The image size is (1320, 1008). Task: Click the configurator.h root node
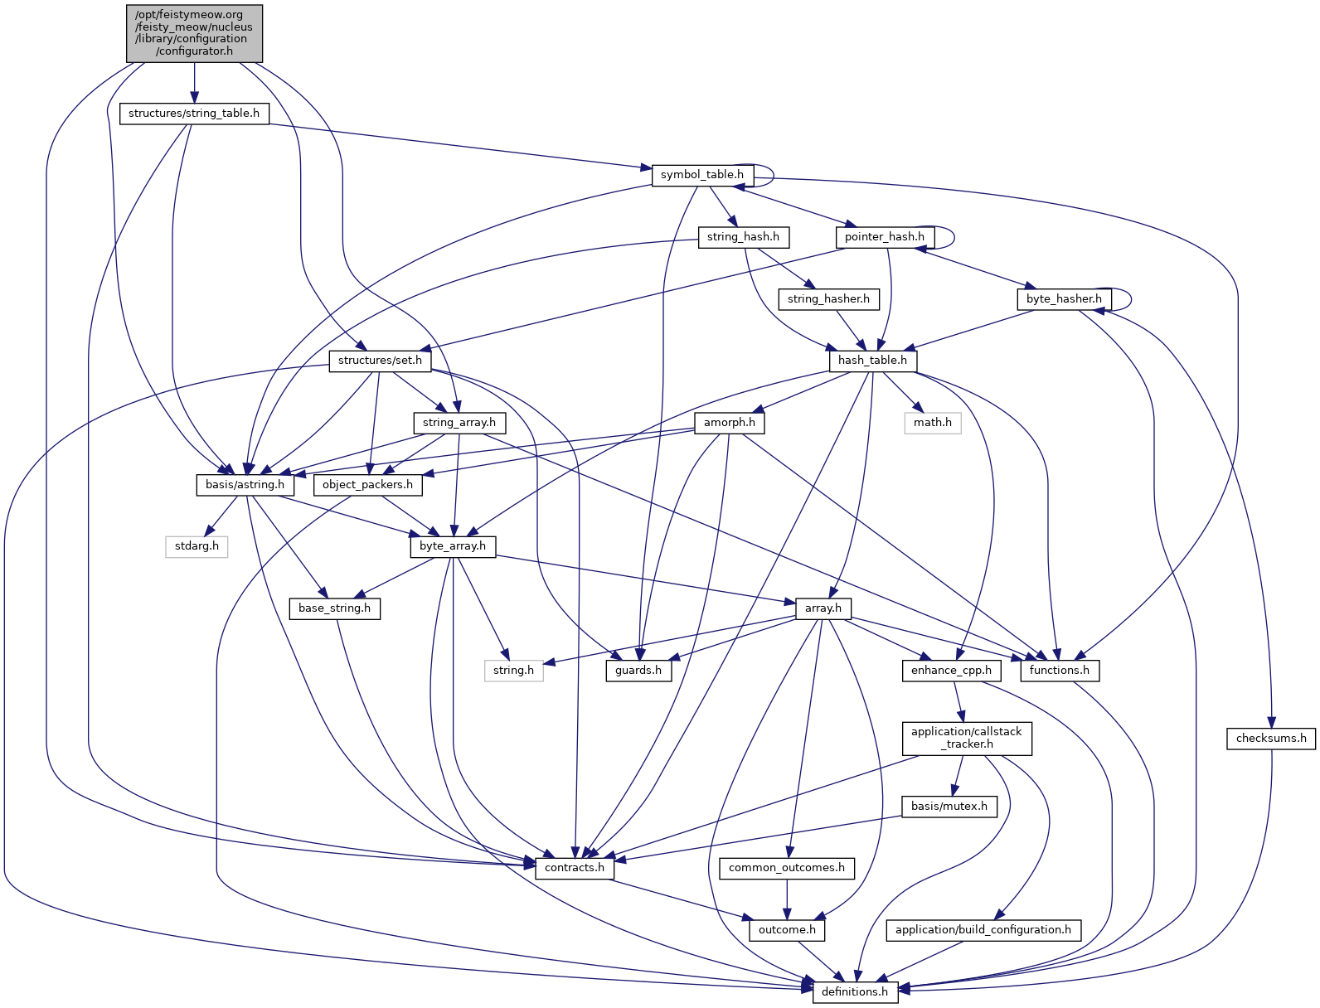195,33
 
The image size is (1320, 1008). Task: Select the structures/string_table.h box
194,114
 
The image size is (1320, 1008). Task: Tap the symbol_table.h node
702,175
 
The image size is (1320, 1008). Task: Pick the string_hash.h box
743,237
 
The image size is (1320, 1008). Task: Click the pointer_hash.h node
884,237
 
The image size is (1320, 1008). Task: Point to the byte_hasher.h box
1064,299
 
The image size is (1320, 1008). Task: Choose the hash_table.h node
872,361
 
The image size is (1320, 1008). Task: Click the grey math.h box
933,423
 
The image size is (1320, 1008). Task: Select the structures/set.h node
380,361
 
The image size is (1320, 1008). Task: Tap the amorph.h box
730,423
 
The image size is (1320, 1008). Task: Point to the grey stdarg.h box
197,546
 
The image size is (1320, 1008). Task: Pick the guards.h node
638,671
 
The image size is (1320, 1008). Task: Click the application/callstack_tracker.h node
967,738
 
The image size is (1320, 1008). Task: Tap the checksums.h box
1271,739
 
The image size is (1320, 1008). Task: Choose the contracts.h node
575,868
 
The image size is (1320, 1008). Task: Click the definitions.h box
855,992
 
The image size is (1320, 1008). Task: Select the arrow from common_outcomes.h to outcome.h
787,899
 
